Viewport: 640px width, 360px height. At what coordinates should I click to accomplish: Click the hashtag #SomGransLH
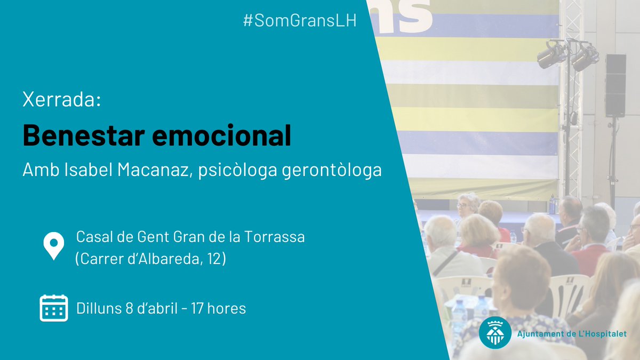299,22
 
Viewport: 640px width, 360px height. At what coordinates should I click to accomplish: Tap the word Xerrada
61,100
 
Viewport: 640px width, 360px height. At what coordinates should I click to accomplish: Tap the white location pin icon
53,246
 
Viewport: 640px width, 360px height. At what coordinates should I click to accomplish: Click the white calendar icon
53,308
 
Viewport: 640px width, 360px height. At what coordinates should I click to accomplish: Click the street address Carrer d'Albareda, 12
150,259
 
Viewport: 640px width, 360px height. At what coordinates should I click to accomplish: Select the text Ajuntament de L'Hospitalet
572,334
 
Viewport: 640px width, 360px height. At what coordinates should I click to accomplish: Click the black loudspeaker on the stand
615,85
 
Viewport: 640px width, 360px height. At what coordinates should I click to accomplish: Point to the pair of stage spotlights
567,55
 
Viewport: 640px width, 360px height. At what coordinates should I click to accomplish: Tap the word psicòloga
234,171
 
